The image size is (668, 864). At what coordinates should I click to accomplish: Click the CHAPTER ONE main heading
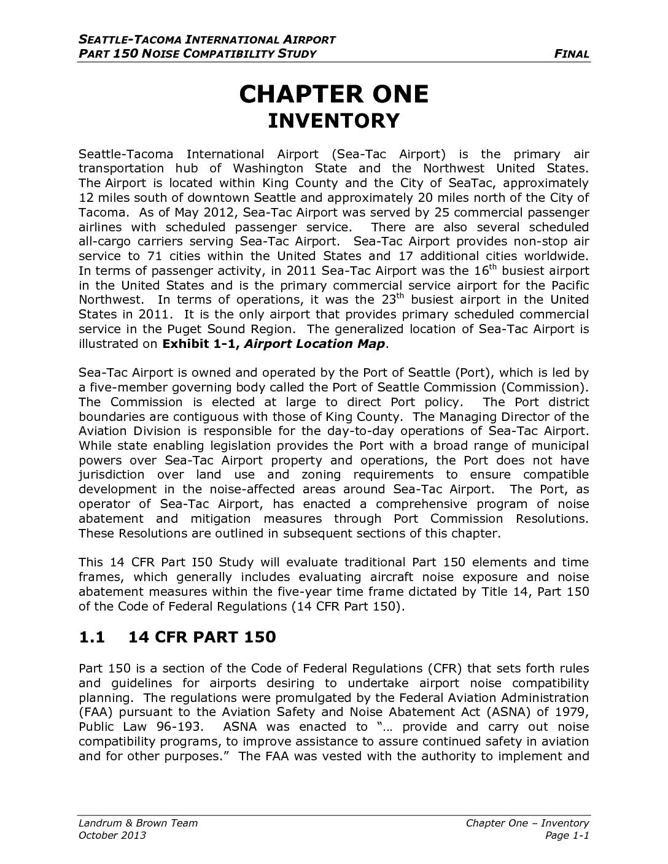coord(333,94)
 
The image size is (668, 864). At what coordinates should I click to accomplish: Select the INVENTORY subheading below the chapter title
coord(333,121)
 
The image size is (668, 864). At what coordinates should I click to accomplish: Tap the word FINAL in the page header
coord(572,54)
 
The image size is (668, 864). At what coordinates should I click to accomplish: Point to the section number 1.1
coord(91,638)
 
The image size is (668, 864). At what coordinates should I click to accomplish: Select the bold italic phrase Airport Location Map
coord(314,344)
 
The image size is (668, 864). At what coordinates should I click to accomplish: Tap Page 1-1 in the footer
coord(567,836)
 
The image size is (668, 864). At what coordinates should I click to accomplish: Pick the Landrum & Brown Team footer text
coord(138,823)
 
